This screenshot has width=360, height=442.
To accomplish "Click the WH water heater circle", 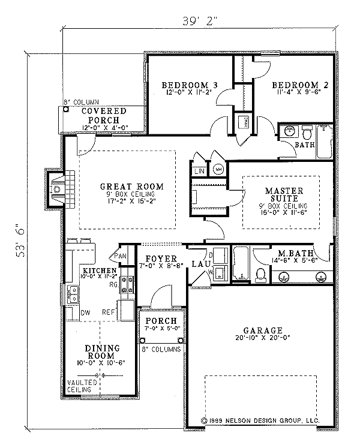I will (218, 169).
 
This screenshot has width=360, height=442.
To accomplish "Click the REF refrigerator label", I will (109, 311).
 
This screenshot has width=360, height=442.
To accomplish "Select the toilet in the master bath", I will (261, 275).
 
